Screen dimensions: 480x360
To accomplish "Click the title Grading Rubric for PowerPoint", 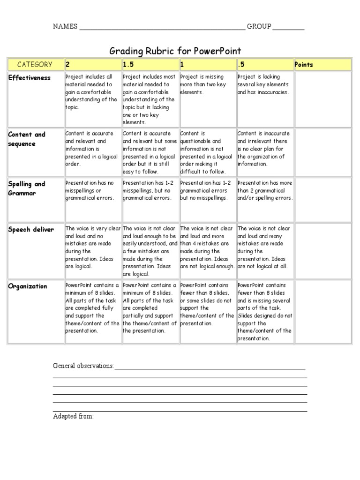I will [x=175, y=51].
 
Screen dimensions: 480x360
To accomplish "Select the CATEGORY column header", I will [x=35, y=65].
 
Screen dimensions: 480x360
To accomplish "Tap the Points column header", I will [x=304, y=65].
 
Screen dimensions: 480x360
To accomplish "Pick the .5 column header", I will [x=241, y=65].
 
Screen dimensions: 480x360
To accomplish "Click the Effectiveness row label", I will [x=29, y=78].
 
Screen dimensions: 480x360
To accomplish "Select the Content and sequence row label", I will [x=27, y=139].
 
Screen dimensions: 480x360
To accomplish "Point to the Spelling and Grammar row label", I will [x=27, y=188].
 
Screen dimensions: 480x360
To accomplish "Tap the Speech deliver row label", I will [x=31, y=230].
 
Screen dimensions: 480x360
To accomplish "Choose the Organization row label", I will [x=28, y=286].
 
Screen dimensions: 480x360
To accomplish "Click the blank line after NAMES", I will [x=162, y=28].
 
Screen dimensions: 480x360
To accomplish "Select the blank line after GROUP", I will [x=288, y=28].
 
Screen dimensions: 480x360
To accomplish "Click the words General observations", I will [x=83, y=366].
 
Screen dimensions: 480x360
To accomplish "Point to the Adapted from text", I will [x=73, y=416].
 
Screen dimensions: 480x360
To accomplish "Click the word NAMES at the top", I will [x=65, y=27].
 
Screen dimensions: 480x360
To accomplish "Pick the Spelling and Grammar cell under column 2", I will [x=92, y=191].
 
